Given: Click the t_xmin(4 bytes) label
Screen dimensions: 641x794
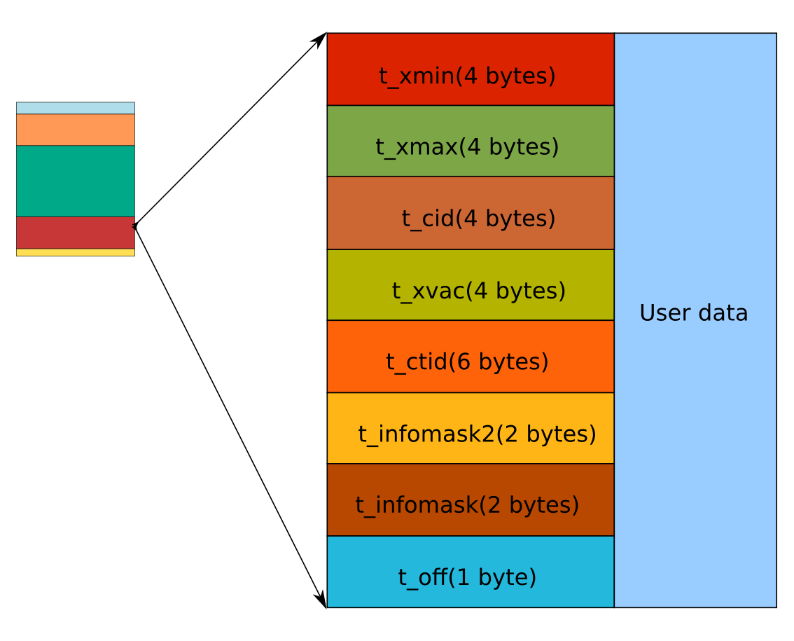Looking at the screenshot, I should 467,76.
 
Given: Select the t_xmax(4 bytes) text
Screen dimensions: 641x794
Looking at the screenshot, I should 467,147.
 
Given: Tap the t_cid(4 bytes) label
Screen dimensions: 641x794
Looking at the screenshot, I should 478,219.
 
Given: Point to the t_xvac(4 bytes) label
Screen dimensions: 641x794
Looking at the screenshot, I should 478,290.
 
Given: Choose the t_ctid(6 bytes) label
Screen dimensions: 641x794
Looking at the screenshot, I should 467,361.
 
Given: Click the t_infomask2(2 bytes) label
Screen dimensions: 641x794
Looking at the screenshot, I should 477,434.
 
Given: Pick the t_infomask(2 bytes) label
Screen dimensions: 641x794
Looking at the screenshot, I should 467,504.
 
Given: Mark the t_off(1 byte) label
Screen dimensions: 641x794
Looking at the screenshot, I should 467,577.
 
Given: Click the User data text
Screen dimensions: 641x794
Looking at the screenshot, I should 693,312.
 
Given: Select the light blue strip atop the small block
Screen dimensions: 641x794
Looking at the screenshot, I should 76,108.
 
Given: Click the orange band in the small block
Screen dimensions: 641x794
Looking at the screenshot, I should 76,130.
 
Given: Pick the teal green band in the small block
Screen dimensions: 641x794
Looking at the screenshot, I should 76,181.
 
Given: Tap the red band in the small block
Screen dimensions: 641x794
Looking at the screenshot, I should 76,233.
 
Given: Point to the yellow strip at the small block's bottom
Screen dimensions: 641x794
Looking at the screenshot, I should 76,252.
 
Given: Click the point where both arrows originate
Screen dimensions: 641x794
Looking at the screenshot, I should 134,226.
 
